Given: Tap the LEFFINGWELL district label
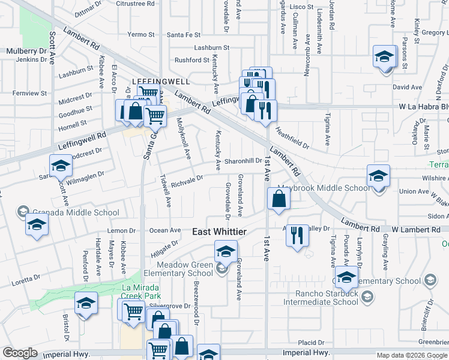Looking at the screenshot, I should tap(161, 81).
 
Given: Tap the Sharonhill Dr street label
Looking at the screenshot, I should tap(243, 161).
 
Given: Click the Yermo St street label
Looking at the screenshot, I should tap(142, 35).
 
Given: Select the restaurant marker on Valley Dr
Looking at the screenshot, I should tap(295, 235).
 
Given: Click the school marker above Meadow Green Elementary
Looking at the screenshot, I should tap(226, 252).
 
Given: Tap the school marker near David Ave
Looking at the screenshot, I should tap(384, 58).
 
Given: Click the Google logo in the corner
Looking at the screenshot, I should tap(20, 353).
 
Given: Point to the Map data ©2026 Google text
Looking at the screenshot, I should tap(411, 355).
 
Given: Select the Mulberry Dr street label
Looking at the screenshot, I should tap(26, 52).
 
